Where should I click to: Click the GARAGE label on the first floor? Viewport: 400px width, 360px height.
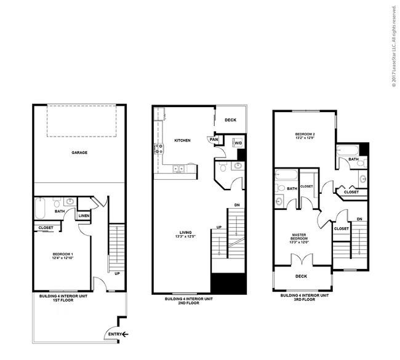pos(78,152)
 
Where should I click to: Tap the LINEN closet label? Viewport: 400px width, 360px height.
pos(84,215)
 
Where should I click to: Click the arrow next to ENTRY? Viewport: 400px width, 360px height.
pos(125,335)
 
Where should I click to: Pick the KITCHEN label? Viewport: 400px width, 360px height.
pos(182,140)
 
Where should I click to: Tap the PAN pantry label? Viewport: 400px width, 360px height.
pos(214,140)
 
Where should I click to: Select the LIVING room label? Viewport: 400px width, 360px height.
pos(183,232)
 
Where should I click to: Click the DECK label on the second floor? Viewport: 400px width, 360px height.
pos(230,120)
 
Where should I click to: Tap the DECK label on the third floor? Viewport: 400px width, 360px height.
pos(301,276)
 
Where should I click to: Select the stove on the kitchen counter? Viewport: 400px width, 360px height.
pos(158,147)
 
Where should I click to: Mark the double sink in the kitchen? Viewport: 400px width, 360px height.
pos(179,167)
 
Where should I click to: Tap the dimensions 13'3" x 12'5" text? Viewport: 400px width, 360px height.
pos(183,237)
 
